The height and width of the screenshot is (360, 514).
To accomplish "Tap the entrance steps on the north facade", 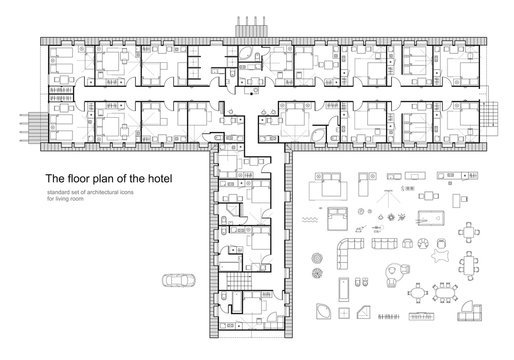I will tap(246, 24).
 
